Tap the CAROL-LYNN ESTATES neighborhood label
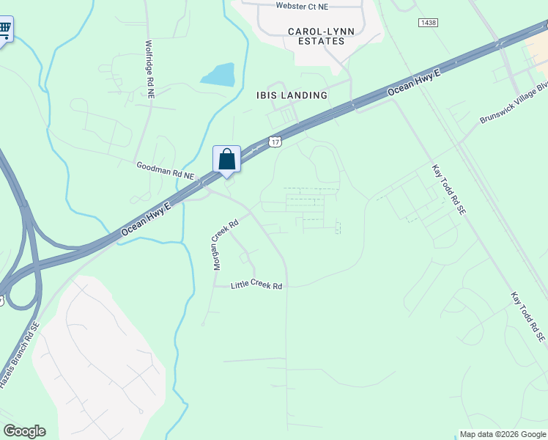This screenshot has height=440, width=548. pyautogui.click(x=316, y=36)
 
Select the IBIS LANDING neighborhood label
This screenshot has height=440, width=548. pyautogui.click(x=292, y=95)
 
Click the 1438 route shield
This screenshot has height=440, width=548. pyautogui.click(x=429, y=23)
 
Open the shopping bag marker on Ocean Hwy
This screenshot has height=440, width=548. pyautogui.click(x=227, y=159)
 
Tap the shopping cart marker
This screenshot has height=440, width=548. pyautogui.click(x=4, y=30)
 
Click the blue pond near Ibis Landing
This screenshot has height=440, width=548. pyautogui.click(x=218, y=74)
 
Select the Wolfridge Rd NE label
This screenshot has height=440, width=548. pyautogui.click(x=149, y=69)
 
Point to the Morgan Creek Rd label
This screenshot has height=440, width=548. pyautogui.click(x=226, y=244)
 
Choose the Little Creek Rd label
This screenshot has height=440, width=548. pyautogui.click(x=256, y=285)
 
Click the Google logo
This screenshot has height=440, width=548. pyautogui.click(x=24, y=431)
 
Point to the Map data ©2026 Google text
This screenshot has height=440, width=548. pyautogui.click(x=503, y=434)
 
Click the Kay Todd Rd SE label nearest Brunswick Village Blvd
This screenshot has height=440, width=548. pyautogui.click(x=449, y=189)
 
